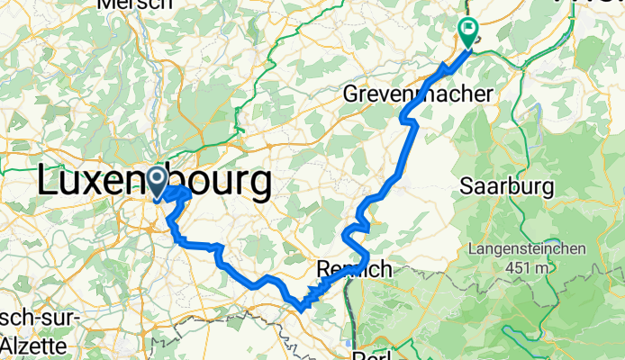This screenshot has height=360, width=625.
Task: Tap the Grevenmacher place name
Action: (420, 94)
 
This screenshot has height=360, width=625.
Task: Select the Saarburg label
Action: (503, 187)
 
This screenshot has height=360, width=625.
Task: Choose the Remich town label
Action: (354, 268)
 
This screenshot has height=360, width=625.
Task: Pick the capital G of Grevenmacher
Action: (353, 94)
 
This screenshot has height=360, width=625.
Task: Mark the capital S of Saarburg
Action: (466, 187)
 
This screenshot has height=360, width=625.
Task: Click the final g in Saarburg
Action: (542, 190)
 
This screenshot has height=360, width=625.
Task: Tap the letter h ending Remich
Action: (385, 268)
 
